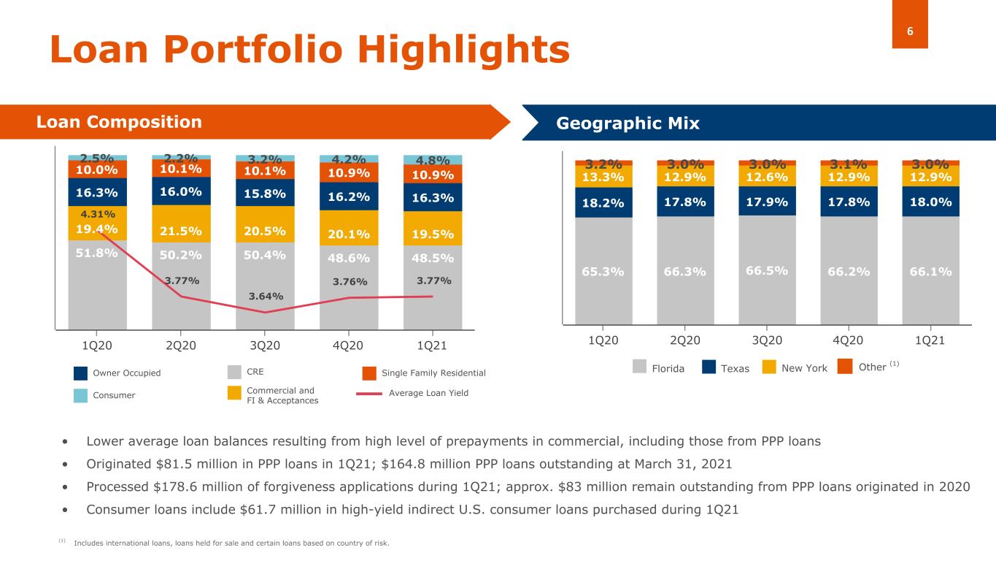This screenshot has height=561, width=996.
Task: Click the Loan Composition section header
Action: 119,122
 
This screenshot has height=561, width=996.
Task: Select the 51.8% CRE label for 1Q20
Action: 97,254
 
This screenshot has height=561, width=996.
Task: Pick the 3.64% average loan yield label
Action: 266,296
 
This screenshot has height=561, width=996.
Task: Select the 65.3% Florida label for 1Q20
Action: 603,272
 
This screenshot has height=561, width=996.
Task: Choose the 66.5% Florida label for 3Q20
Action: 767,270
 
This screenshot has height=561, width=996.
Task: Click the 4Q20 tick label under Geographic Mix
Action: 848,341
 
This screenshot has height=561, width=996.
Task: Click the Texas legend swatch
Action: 709,367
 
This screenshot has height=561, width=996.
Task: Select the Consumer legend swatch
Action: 80,394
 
